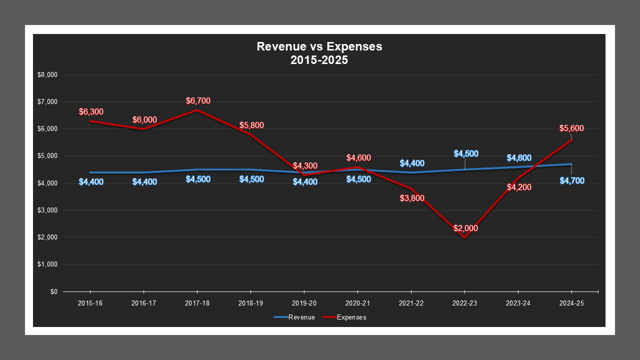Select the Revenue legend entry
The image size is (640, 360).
click(x=294, y=317)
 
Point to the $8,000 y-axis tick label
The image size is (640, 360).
click(x=47, y=75)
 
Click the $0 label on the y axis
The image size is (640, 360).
click(x=53, y=291)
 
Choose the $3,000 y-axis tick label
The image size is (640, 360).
click(x=47, y=210)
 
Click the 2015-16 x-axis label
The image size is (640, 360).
click(x=90, y=303)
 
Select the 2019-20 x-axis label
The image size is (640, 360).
click(x=304, y=303)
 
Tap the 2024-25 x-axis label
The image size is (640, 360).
click(x=571, y=303)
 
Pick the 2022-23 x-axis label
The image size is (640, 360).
click(x=464, y=303)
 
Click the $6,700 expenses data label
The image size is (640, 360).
click(x=198, y=101)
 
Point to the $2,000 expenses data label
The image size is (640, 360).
click(x=465, y=228)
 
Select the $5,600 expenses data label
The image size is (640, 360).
click(x=571, y=128)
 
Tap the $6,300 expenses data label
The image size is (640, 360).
click(x=91, y=111)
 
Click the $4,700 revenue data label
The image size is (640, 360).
click(x=572, y=180)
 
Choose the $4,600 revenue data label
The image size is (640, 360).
click(x=519, y=158)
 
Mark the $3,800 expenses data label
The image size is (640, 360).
click(x=412, y=198)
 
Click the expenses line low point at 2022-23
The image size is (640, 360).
click(x=464, y=237)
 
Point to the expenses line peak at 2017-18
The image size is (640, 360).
click(x=197, y=110)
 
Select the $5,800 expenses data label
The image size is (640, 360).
click(x=251, y=125)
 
